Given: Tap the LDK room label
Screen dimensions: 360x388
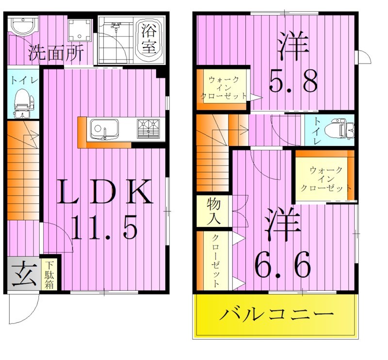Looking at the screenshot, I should point(105,193).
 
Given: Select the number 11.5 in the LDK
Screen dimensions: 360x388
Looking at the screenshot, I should point(103,227).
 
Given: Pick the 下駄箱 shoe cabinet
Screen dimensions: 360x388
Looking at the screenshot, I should point(49,276).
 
